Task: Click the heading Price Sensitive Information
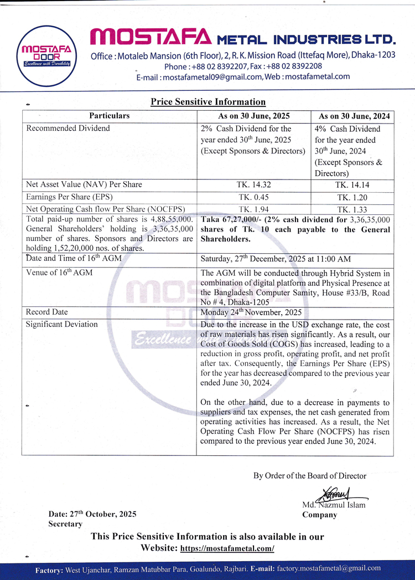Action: [x=208, y=102]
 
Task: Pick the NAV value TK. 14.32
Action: [x=254, y=185]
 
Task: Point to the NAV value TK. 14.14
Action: [x=354, y=185]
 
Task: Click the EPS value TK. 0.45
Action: [x=254, y=197]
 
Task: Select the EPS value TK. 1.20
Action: [x=354, y=197]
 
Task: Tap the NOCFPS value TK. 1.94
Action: [x=254, y=209]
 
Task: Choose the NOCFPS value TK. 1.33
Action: [x=354, y=209]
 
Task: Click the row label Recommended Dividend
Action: [x=68, y=129]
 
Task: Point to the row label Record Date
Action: [x=46, y=312]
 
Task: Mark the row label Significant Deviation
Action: [x=61, y=325]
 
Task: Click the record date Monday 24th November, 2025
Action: [x=251, y=312]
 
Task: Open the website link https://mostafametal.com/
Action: [x=227, y=548]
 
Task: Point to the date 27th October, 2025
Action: [x=103, y=514]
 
